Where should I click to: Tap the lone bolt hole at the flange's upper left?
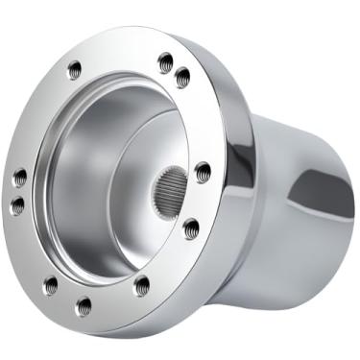pos(76,69)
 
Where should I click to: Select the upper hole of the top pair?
pos(165,61)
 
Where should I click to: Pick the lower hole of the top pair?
pos(181,78)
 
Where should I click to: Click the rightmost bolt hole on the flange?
pos(203,173)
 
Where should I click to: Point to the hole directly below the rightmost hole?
pos(191,228)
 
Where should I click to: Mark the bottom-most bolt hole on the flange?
pos(84,306)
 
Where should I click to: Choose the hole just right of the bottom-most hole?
pos(141,284)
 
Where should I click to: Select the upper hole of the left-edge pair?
pos(19,178)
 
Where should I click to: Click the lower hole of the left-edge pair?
pos(17,204)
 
